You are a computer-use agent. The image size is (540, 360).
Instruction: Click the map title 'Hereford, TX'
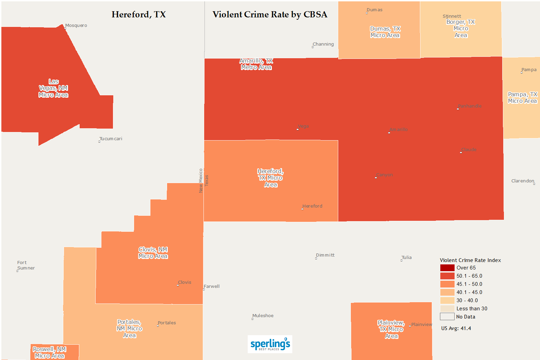pyautogui.click(x=138, y=15)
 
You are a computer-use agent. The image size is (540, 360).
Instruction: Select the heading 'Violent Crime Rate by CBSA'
pyautogui.click(x=270, y=15)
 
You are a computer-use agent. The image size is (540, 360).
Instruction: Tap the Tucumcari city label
pyautogui.click(x=111, y=139)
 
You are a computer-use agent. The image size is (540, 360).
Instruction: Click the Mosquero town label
pyautogui.click(x=76, y=26)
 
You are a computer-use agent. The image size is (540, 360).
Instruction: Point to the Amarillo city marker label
pyautogui.click(x=398, y=130)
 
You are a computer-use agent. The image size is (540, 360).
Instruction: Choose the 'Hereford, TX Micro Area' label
pyautogui.click(x=271, y=178)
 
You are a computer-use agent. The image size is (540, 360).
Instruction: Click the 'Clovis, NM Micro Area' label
pyautogui.click(x=153, y=253)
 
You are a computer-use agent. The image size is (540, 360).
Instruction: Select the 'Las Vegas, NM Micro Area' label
pyautogui.click(x=53, y=88)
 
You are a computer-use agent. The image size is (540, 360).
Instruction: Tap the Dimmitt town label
pyautogui.click(x=325, y=255)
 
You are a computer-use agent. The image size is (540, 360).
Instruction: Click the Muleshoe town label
pyautogui.click(x=263, y=316)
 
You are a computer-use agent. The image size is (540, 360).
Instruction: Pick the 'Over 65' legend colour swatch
pyautogui.click(x=447, y=268)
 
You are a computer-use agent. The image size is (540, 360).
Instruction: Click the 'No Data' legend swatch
pyautogui.click(x=447, y=317)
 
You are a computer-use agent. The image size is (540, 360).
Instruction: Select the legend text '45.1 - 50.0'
pyautogui.click(x=469, y=284)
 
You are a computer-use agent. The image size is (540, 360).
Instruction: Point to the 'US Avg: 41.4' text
pyautogui.click(x=456, y=328)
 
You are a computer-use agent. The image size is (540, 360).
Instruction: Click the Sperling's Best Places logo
pyautogui.click(x=270, y=344)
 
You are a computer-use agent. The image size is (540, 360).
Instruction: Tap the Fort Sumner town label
pyautogui.click(x=26, y=265)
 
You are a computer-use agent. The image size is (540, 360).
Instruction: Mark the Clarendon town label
pyautogui.click(x=523, y=181)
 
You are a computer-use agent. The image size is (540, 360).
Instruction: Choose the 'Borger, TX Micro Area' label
pyautogui.click(x=461, y=29)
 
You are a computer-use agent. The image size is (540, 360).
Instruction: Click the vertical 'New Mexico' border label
pyautogui.click(x=201, y=181)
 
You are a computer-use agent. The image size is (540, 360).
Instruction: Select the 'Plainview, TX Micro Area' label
pyautogui.click(x=391, y=329)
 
